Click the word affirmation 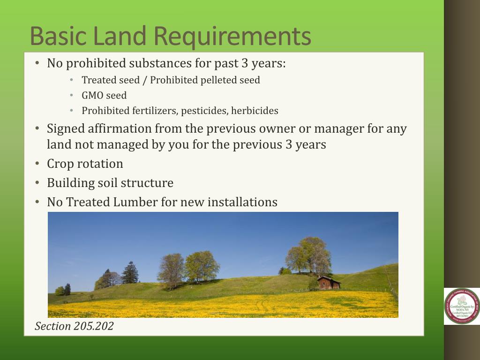(120, 129)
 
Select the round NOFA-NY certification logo (462, 306)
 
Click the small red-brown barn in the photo (328, 283)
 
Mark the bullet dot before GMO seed (72, 96)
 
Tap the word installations (242, 202)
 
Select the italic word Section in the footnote (53, 326)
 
